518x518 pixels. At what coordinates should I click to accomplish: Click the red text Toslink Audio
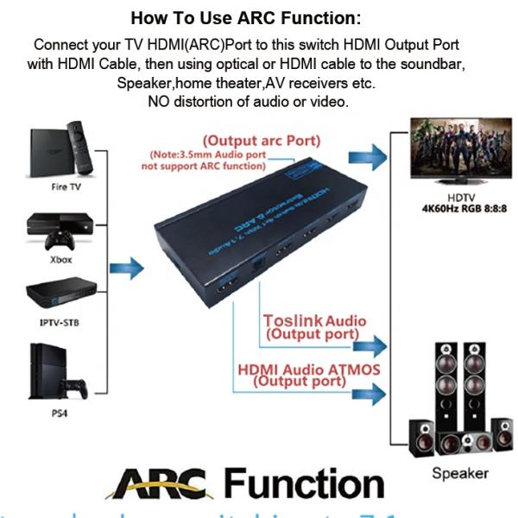click(x=314, y=321)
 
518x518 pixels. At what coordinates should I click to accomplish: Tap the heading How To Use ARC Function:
click(x=258, y=17)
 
